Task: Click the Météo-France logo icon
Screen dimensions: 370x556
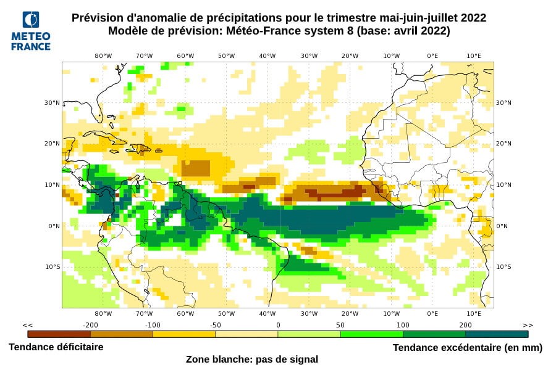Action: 30,21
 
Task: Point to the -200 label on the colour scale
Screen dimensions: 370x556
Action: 91,325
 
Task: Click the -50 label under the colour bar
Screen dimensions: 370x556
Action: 215,325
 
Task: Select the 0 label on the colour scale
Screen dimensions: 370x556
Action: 278,325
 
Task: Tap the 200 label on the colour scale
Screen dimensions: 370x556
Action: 465,325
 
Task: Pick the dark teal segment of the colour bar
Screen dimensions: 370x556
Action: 497,334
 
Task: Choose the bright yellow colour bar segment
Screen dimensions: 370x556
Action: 183,334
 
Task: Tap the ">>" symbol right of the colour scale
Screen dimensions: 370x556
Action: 528,325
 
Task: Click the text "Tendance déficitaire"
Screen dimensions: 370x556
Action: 56,347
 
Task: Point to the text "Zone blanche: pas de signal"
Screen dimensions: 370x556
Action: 252,359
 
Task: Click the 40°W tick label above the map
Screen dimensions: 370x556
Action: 267,55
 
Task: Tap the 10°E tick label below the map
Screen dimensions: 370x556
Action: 474,313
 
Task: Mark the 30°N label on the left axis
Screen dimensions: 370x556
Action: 53,102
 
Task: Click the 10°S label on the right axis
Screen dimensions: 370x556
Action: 503,266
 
